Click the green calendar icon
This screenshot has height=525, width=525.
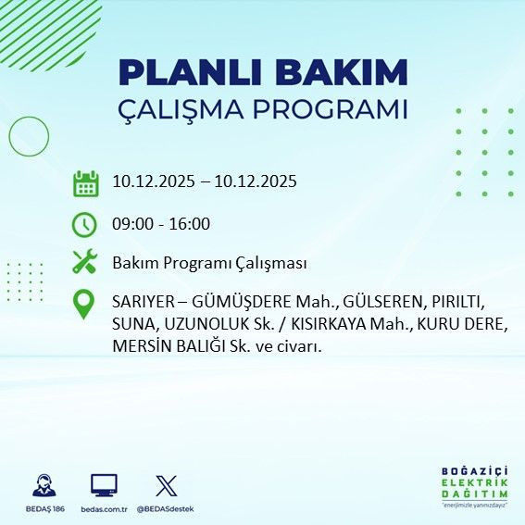pos(86,183)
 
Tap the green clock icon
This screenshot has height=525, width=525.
pos(85,224)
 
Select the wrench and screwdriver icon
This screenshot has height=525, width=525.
pos(85,263)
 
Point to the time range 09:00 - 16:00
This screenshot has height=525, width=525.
pos(161,223)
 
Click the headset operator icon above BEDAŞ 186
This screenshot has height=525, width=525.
pos(43,485)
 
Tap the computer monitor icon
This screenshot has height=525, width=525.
pos(104,485)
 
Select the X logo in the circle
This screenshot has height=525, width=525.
pos(166,485)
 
